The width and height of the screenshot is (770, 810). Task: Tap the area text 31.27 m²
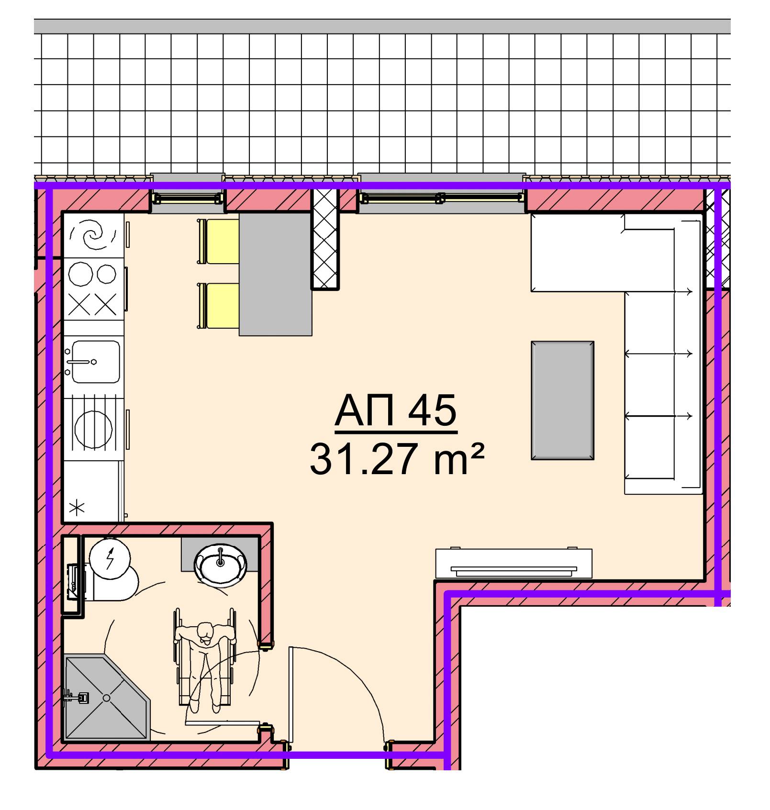[397, 459]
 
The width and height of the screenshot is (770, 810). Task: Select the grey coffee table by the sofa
[562, 400]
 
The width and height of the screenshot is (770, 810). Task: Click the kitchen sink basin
[96, 361]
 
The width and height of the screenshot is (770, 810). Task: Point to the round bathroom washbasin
[220, 566]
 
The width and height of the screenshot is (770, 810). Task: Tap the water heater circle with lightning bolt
[110, 559]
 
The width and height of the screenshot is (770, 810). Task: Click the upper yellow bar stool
[218, 241]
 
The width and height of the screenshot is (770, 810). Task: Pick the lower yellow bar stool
[218, 306]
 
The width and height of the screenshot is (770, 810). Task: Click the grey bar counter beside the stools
[276, 274]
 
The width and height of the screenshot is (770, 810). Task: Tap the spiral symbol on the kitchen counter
[93, 235]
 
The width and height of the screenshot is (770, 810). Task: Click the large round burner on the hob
[80, 275]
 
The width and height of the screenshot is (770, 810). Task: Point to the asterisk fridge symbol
[77, 508]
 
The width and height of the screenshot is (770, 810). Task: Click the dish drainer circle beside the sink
[93, 428]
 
